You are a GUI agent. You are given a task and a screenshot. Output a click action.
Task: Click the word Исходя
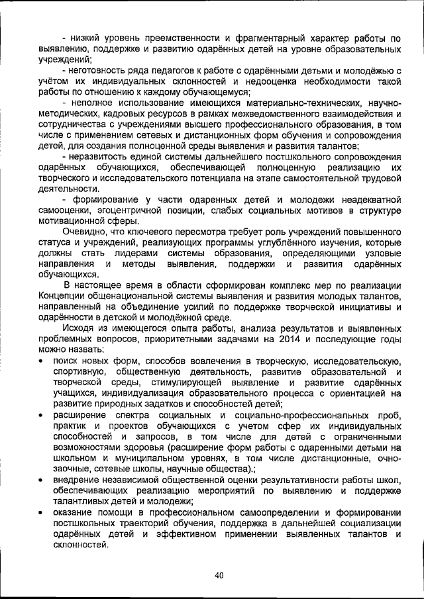79,328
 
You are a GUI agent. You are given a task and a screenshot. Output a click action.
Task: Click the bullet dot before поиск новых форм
42,361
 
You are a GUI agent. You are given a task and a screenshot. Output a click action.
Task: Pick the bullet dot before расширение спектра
42,415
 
